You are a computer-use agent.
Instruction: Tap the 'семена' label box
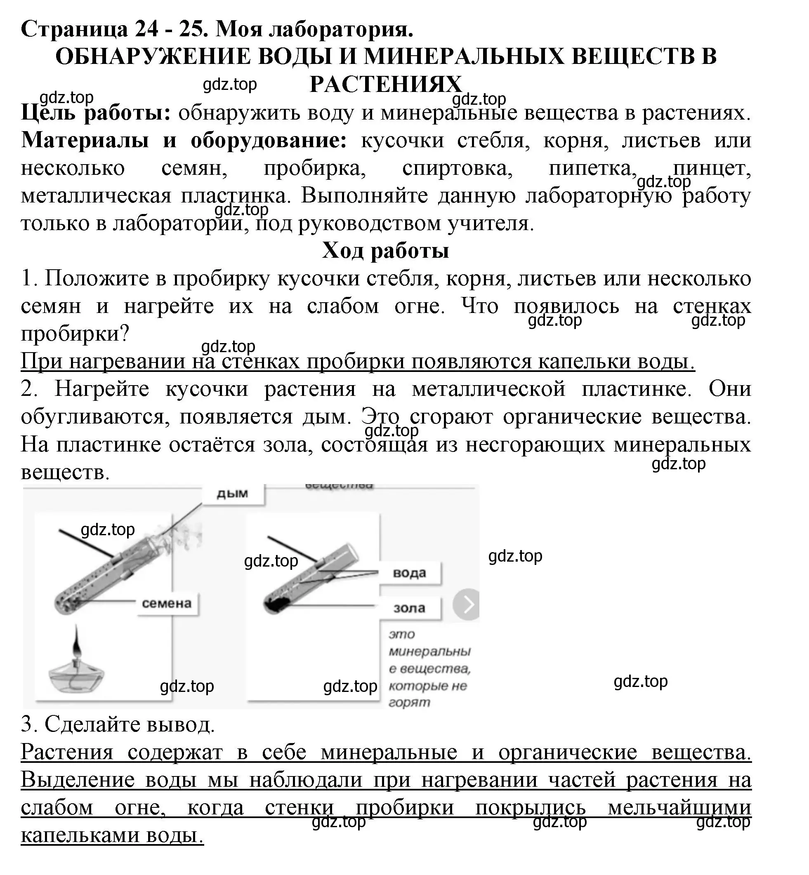click(167, 603)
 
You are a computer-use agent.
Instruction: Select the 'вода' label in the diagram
click(409, 573)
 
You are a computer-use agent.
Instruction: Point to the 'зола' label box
click(409, 608)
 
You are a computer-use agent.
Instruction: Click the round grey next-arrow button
click(467, 605)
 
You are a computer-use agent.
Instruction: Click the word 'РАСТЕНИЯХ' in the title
click(386, 84)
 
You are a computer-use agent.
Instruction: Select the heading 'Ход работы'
click(386, 251)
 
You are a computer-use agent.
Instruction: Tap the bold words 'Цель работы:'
click(95, 113)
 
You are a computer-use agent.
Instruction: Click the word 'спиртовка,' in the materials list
click(457, 168)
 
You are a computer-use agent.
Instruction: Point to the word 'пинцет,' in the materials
click(712, 168)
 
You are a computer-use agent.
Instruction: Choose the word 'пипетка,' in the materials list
click(593, 168)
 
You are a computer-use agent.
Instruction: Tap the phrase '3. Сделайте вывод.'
click(118, 724)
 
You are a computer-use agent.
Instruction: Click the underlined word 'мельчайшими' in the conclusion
click(679, 808)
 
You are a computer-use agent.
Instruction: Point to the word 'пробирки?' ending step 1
click(75, 334)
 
